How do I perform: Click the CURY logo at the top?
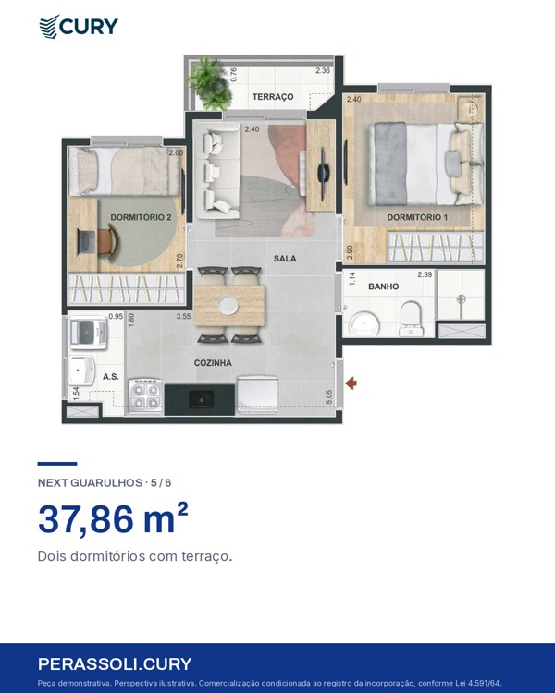pyautogui.click(x=79, y=27)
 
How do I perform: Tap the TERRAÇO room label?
pyautogui.click(x=273, y=97)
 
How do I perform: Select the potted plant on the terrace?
pyautogui.click(x=210, y=84)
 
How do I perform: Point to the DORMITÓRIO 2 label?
pyautogui.click(x=141, y=217)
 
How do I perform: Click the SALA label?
pyautogui.click(x=285, y=259)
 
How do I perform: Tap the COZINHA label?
pyautogui.click(x=213, y=363)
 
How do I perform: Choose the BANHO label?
pyautogui.click(x=383, y=286)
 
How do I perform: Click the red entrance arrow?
pyautogui.click(x=351, y=383)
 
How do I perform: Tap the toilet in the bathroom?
pyautogui.click(x=411, y=319)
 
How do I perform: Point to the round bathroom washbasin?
pyautogui.click(x=364, y=326)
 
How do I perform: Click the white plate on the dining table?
pyautogui.click(x=229, y=305)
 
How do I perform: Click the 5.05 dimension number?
pyautogui.click(x=329, y=396)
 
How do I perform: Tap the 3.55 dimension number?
pyautogui.click(x=183, y=316)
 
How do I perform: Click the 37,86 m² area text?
pyautogui.click(x=113, y=518)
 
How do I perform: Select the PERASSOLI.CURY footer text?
pyautogui.click(x=115, y=664)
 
